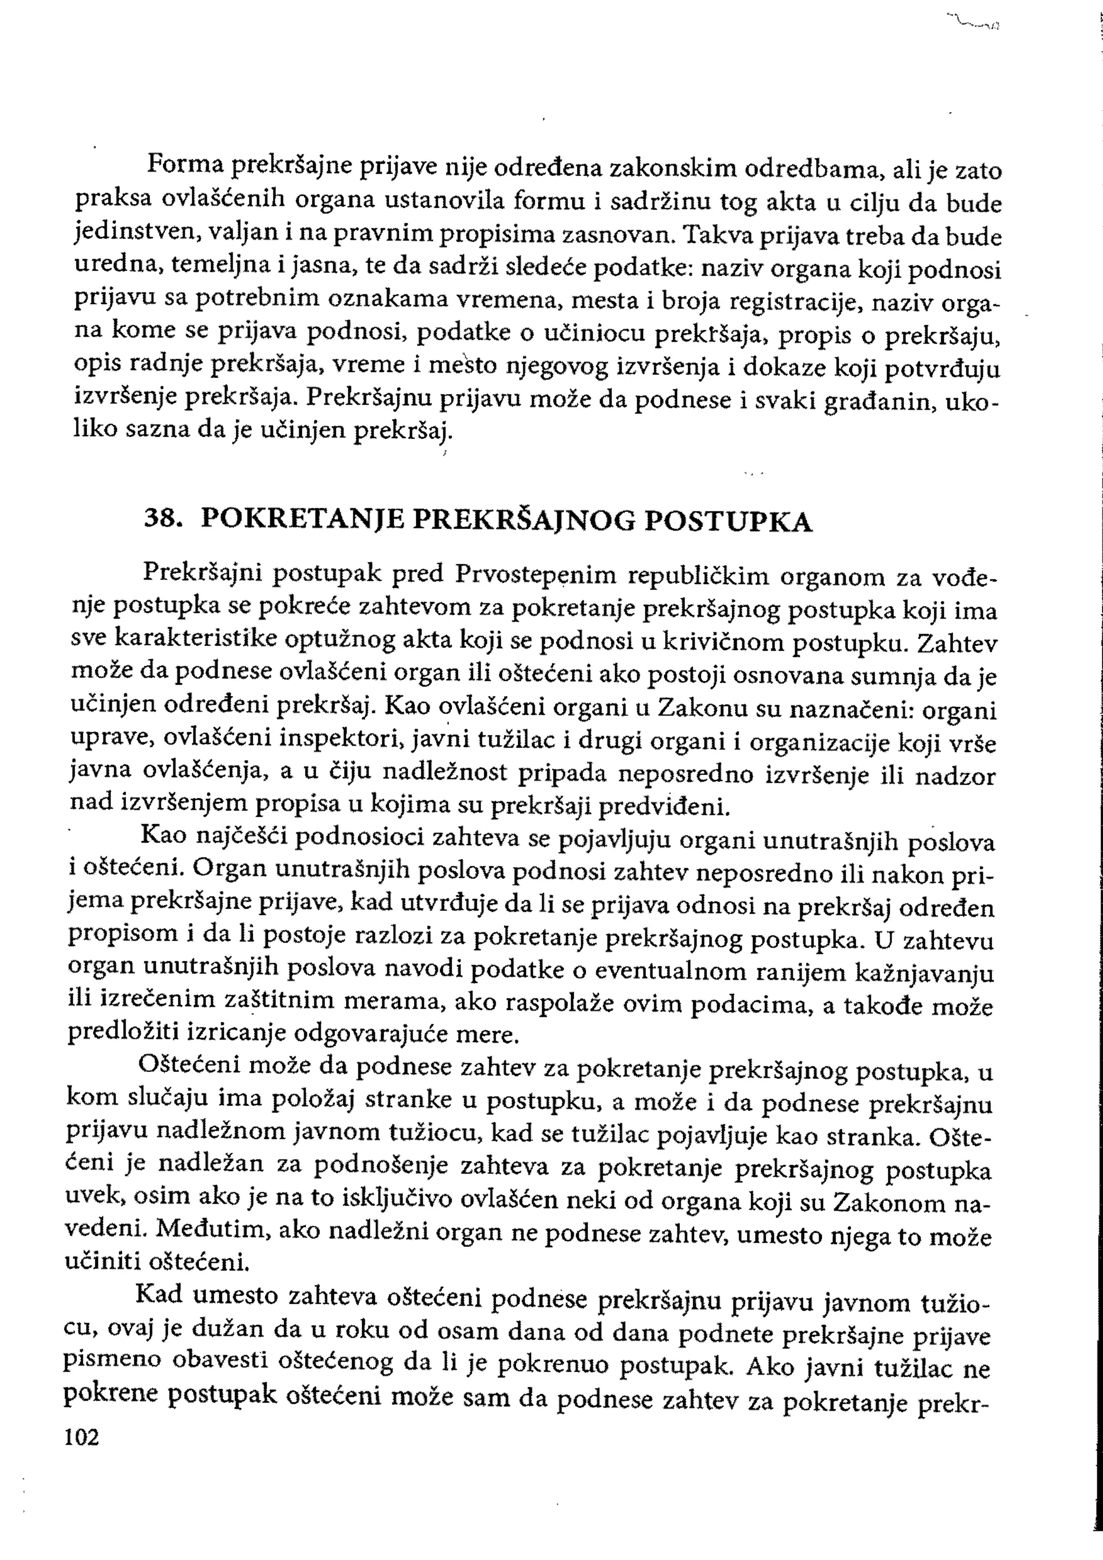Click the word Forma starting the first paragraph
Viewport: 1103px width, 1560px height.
tap(185, 164)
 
